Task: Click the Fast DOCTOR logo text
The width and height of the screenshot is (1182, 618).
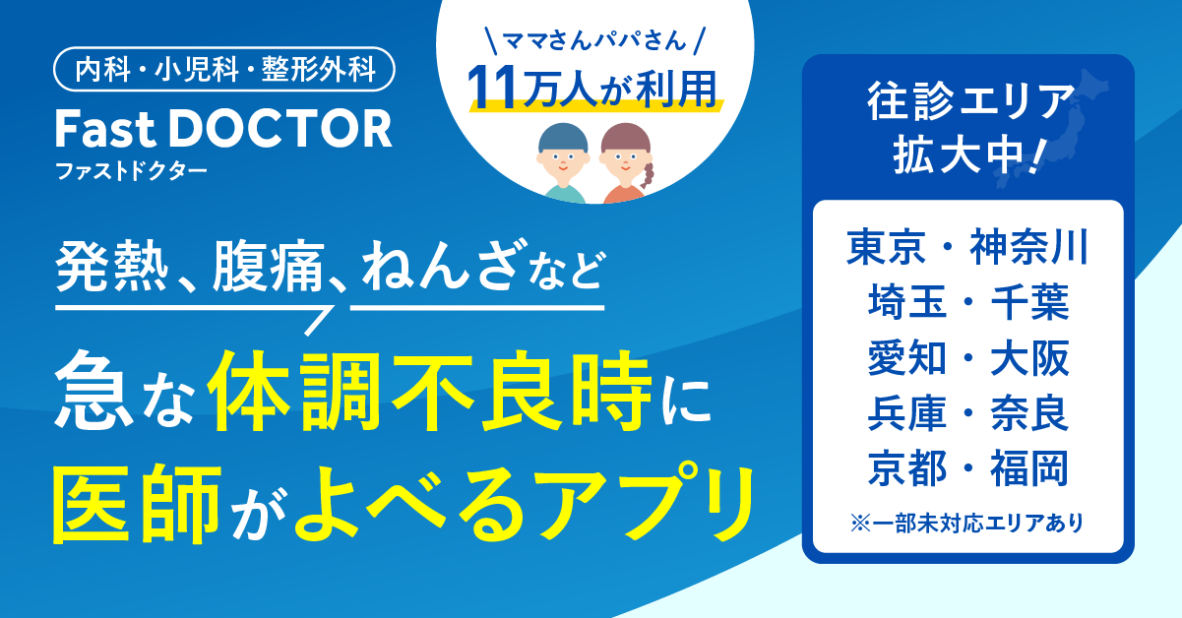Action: [223, 128]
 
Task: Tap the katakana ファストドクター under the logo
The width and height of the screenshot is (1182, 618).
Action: [131, 171]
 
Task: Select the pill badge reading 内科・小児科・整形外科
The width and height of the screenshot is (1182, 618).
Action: [224, 69]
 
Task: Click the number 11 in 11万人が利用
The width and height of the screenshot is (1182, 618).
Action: [492, 89]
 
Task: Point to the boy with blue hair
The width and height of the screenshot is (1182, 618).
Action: [563, 163]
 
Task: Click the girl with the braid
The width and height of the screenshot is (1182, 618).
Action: [626, 163]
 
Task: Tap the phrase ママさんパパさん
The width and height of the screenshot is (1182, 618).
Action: [594, 40]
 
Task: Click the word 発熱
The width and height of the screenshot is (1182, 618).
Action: [112, 267]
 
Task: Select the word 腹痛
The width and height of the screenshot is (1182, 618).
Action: [268, 267]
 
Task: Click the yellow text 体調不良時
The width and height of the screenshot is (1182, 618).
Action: [430, 391]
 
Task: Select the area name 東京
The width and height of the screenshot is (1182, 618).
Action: [886, 247]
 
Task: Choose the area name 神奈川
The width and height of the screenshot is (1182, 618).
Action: [1029, 247]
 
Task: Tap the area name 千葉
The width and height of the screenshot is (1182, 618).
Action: [1030, 302]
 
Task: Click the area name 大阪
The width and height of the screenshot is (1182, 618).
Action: [1030, 358]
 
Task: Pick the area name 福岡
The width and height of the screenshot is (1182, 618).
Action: [1030, 468]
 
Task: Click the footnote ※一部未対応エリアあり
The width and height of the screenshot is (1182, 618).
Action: [967, 524]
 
